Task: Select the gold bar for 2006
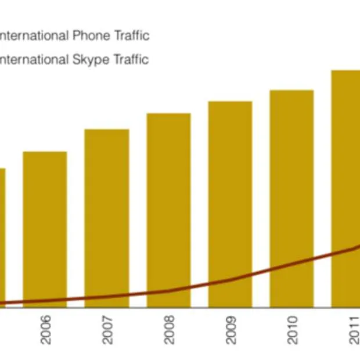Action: [45, 226]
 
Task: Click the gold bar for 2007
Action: [107, 215]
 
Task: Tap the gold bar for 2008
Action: [168, 203]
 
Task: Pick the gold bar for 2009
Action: [230, 192]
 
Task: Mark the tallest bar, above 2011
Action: [346, 157]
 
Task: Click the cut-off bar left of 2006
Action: [2, 232]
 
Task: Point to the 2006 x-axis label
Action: [45, 329]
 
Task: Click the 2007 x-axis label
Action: [107, 329]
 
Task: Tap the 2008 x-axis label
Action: [168, 329]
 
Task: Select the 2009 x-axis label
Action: [231, 329]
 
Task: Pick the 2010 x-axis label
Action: [292, 329]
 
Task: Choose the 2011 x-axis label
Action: [353, 329]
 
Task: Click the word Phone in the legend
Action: [93, 36]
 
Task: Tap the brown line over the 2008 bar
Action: [168, 290]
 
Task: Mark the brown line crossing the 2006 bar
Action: [45, 301]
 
